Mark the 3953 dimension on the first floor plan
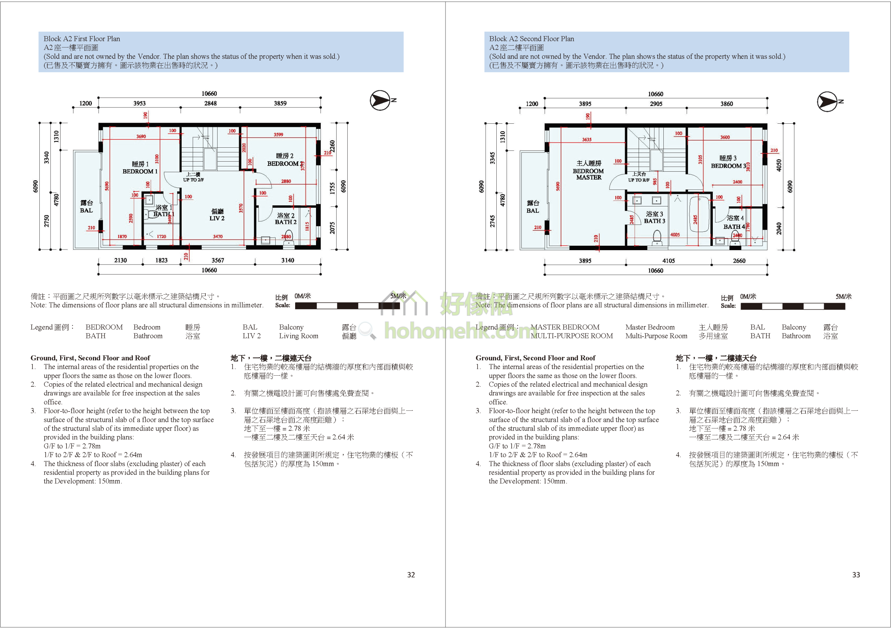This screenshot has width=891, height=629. (x=139, y=103)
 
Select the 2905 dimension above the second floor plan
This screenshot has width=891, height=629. (x=656, y=104)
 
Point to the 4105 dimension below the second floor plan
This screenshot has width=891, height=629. (x=668, y=261)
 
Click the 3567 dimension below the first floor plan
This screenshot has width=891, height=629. (x=218, y=260)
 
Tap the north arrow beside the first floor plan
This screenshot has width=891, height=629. (x=380, y=100)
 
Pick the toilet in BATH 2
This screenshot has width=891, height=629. (x=288, y=238)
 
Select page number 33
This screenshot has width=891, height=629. (x=856, y=575)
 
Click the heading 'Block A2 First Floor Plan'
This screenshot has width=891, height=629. (x=82, y=39)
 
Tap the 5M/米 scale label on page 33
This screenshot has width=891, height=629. (x=843, y=296)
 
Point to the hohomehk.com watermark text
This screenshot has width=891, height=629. (x=458, y=332)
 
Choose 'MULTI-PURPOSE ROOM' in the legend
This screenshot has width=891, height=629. (x=571, y=336)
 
